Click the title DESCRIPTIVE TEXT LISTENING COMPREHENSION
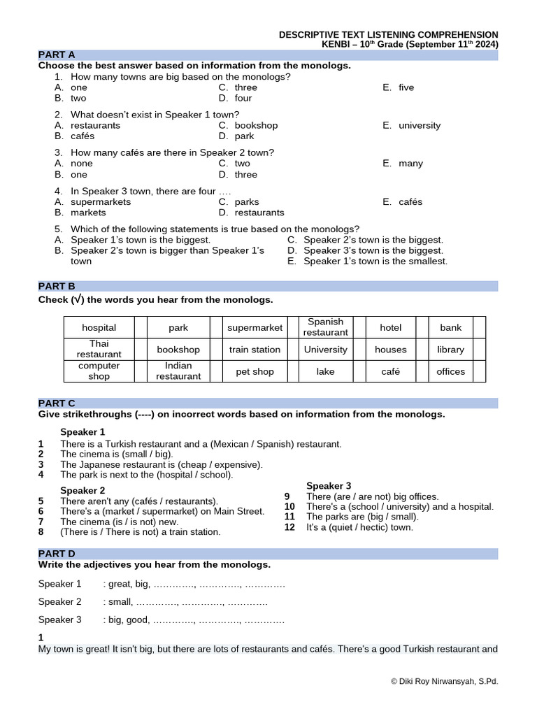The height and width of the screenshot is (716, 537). (x=389, y=34)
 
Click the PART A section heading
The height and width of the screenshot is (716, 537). (x=57, y=55)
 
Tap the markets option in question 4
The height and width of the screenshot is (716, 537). (x=88, y=213)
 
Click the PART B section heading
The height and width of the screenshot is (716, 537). (x=57, y=286)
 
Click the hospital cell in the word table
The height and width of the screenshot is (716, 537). (x=99, y=327)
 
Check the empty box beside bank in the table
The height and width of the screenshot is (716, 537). (x=479, y=327)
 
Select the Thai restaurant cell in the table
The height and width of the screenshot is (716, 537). (x=99, y=349)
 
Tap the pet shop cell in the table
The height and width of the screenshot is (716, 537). (x=255, y=371)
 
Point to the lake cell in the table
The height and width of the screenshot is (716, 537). (x=325, y=371)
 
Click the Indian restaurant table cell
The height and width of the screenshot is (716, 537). (x=178, y=371)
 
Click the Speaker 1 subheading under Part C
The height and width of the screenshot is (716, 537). (x=83, y=431)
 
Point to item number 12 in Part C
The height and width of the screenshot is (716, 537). (x=289, y=527)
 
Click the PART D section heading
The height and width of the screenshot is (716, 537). (x=57, y=554)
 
